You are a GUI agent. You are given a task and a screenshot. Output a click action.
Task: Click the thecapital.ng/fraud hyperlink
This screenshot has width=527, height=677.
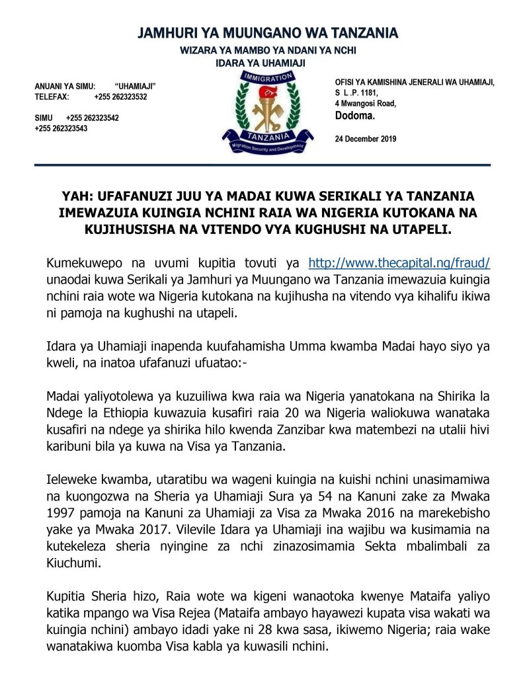[399, 262]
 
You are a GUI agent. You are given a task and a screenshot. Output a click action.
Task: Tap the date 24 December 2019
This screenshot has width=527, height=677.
[366, 139]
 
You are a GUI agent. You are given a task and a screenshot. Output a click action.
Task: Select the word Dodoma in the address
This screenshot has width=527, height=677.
[355, 116]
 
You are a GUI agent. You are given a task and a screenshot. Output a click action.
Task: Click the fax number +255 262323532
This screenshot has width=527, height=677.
[120, 97]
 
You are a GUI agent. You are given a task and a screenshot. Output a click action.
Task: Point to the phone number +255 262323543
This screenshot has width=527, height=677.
[61, 128]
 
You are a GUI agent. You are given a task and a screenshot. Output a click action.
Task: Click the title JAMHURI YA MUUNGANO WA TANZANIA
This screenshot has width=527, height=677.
[268, 33]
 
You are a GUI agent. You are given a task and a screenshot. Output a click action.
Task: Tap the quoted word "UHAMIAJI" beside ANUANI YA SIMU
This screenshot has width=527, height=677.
[135, 86]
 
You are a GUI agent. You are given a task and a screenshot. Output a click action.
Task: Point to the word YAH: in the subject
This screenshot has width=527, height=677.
[74, 196]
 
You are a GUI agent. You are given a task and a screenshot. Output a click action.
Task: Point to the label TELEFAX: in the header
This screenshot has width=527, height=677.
[52, 97]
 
